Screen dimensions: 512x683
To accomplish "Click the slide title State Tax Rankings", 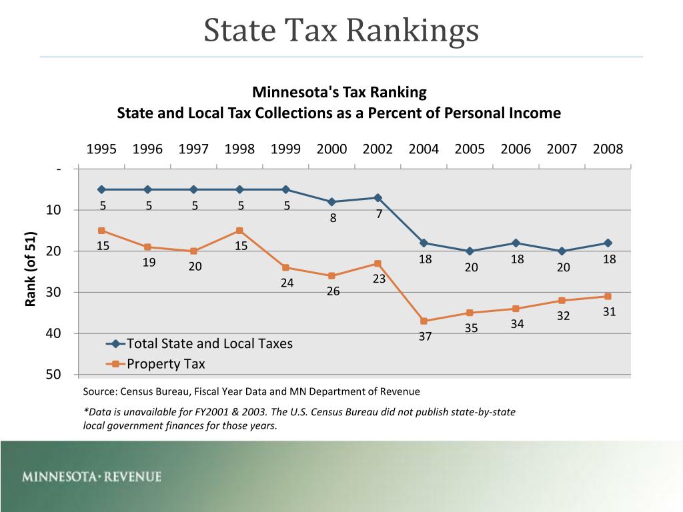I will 341,30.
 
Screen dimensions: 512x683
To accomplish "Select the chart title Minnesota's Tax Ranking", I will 339,92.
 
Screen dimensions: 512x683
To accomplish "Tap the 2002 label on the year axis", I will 378,149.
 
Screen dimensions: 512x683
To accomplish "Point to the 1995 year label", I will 101,149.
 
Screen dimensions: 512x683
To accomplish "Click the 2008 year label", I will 608,149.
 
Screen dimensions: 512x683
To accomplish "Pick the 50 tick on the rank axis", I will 53,375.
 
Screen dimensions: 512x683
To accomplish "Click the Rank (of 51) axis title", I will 30,269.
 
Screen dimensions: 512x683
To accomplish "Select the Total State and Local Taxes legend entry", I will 209,344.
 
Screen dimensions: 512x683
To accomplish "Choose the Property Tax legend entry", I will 165,364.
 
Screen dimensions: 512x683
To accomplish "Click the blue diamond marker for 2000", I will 331,201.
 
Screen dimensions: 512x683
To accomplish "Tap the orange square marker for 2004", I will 424,321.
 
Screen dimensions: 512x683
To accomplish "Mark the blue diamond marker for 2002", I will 378,197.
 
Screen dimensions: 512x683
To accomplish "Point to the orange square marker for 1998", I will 239,231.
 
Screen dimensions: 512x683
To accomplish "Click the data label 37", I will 425,337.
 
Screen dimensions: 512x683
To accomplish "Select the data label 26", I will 333,291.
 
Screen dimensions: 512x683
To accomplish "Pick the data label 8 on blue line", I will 333,218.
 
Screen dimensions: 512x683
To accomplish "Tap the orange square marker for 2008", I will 608,296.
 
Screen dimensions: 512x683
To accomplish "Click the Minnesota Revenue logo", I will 91,477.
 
